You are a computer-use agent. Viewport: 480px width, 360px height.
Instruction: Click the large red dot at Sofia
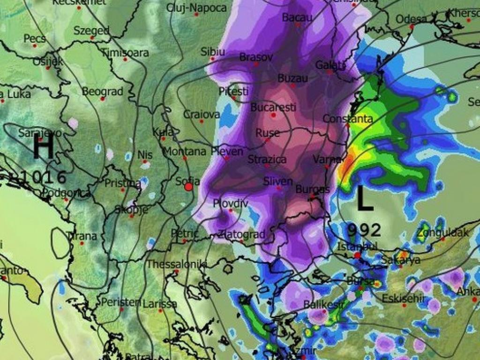[x=189, y=187]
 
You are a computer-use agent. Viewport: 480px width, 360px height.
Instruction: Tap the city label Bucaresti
[x=273, y=107]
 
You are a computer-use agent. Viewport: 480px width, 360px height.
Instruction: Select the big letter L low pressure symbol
[x=365, y=199]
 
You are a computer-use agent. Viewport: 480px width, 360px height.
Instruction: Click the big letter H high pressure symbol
[x=43, y=148]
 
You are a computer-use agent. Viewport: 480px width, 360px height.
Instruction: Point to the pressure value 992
[x=364, y=230]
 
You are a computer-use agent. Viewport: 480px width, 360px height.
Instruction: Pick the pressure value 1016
[x=40, y=177]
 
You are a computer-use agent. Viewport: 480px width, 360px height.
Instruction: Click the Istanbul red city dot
[x=357, y=255]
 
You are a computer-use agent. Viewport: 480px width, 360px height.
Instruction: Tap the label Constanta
[x=348, y=119]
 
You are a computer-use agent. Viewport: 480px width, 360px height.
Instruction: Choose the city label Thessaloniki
[x=177, y=264]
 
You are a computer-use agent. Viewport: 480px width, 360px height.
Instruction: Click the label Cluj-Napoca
[x=197, y=8]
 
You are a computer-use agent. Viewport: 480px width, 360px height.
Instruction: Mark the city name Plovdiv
[x=230, y=203]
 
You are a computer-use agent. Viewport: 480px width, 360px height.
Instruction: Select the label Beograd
[x=103, y=91]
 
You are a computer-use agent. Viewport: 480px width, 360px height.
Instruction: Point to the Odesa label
[x=412, y=19]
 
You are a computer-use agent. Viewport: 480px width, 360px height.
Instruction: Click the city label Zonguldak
[x=443, y=232]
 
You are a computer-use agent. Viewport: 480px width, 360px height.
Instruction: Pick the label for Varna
[x=327, y=159]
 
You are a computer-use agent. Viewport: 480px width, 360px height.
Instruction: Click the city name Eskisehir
[x=403, y=298]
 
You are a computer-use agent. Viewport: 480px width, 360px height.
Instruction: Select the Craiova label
[x=202, y=114]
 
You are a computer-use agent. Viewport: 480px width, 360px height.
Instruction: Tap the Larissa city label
[x=160, y=304]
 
